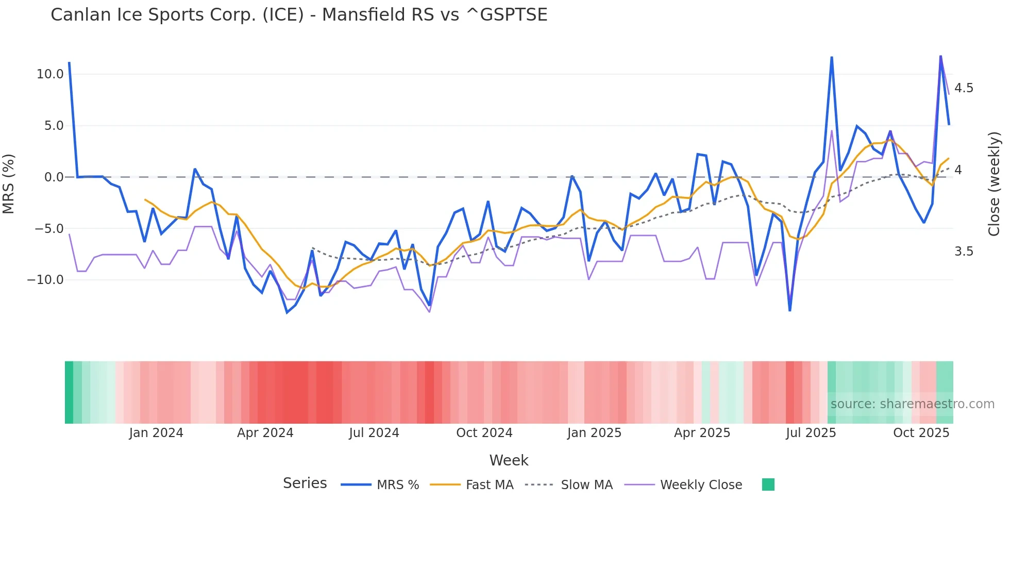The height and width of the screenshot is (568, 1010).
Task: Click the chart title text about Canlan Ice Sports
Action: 299,15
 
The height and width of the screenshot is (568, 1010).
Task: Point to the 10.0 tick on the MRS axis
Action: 50,74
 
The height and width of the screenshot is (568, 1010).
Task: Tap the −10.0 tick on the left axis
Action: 45,280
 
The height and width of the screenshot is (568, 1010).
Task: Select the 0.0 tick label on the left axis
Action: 54,177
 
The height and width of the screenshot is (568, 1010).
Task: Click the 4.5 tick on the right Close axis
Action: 964,88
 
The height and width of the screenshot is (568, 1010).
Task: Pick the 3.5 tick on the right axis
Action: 964,252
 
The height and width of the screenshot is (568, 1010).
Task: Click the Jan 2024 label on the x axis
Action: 156,433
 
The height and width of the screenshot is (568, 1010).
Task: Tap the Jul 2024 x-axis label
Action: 374,433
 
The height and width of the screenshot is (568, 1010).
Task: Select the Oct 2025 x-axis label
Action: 921,433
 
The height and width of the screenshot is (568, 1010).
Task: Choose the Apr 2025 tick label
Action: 702,433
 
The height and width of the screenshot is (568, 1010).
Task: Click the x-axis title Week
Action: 509,460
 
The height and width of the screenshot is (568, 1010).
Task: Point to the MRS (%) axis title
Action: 9,183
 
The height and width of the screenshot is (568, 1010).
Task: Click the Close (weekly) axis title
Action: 994,183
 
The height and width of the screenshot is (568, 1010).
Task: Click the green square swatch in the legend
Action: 768,485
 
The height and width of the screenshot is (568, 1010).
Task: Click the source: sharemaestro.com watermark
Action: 912,404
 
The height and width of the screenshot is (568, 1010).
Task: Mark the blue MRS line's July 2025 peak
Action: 832,58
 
